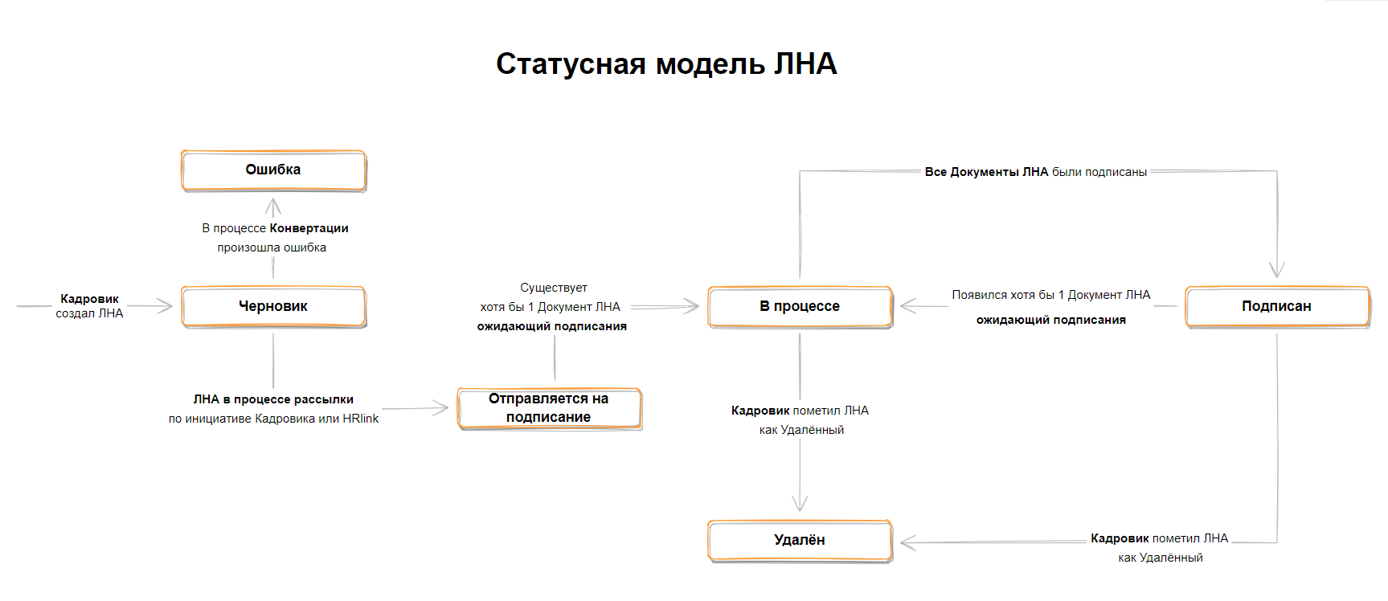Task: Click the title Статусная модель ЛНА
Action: [x=666, y=64]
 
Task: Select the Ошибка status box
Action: [x=273, y=170]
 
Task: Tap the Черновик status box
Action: [x=273, y=306]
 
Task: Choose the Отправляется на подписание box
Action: [x=549, y=408]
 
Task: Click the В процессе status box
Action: [x=800, y=306]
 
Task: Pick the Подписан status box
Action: [x=1276, y=306]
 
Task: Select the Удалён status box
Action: [x=800, y=540]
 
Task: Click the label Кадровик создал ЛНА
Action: [x=89, y=306]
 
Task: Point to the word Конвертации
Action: [x=309, y=228]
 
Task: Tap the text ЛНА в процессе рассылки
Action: [x=273, y=399]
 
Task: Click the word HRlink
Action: [x=360, y=419]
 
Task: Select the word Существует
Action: [x=553, y=288]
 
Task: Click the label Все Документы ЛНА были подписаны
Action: [x=1035, y=172]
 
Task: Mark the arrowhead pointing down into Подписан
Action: [x=1276, y=272]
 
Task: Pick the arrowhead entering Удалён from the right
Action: [x=907, y=543]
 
